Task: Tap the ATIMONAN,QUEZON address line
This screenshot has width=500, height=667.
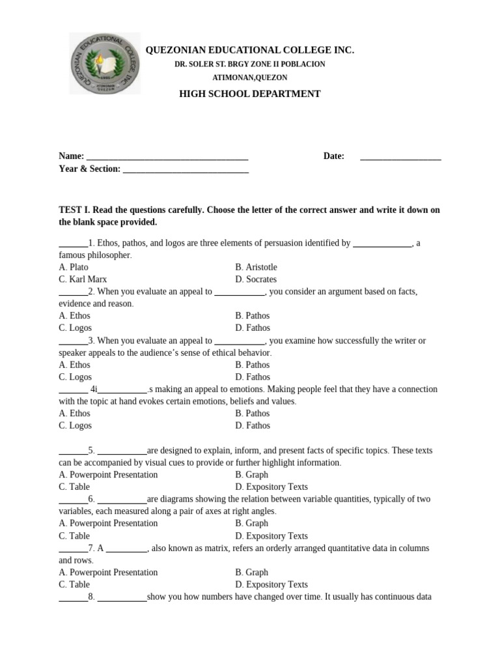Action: pos(250,78)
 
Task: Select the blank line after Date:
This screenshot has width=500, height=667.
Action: pos(400,157)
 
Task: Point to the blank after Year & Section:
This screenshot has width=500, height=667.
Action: pos(186,169)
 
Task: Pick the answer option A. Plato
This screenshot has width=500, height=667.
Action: pos(74,267)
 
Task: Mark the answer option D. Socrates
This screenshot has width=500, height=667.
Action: pos(256,279)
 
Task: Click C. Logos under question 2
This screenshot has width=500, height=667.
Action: pos(75,328)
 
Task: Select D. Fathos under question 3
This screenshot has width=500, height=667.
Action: pos(253,376)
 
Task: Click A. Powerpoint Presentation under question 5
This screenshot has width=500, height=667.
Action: pos(108,474)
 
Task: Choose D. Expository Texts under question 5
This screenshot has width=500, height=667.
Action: pos(271,487)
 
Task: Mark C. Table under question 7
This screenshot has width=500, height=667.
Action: pos(74,584)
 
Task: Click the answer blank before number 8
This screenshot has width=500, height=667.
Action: pos(73,598)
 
